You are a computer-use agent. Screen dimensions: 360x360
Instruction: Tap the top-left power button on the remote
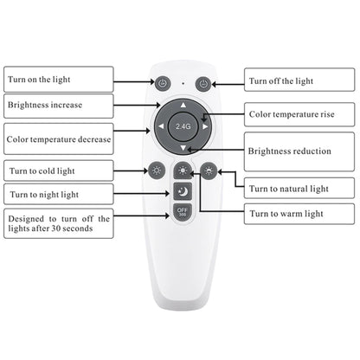pyautogui.click(x=162, y=84)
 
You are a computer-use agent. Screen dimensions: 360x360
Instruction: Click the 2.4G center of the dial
pyautogui.click(x=183, y=126)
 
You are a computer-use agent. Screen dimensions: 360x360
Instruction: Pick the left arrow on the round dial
pyautogui.click(x=161, y=126)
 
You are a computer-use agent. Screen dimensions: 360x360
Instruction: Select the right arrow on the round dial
pyautogui.click(x=205, y=126)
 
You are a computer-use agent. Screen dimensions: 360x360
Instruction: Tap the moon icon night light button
pyautogui.click(x=183, y=191)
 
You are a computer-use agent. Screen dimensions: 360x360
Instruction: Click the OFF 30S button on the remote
pyautogui.click(x=183, y=213)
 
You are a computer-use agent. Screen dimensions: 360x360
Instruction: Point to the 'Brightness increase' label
pyautogui.click(x=58, y=105)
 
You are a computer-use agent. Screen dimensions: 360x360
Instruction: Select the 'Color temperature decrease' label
pyautogui.click(x=58, y=138)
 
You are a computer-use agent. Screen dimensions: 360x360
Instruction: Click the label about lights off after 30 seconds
pyautogui.click(x=58, y=225)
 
